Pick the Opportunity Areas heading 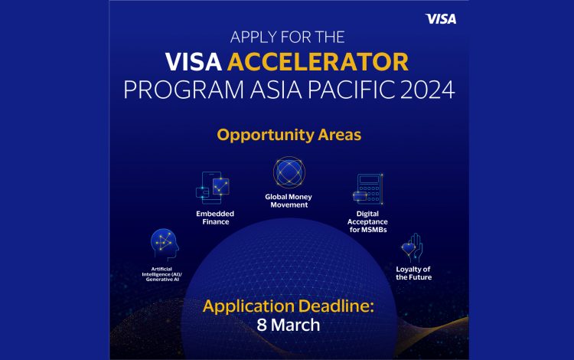[289, 136]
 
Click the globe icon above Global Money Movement [289, 173]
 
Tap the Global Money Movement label [289, 201]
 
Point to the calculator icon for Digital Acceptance [368, 189]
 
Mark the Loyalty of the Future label [414, 273]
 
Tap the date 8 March [289, 325]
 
